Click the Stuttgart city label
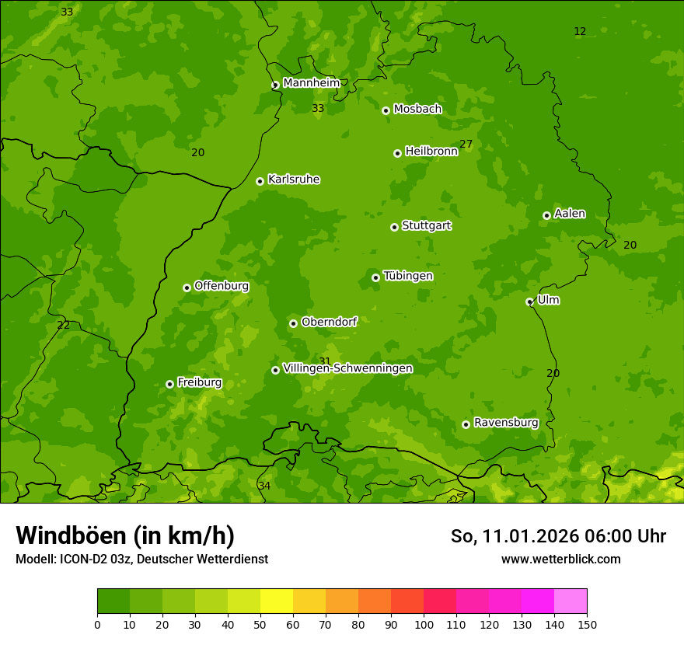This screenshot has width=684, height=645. click(426, 225)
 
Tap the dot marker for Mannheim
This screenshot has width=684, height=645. click(275, 85)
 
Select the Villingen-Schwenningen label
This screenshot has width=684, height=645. click(347, 368)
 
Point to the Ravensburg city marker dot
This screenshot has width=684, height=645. click(466, 424)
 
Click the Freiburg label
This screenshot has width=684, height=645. click(199, 382)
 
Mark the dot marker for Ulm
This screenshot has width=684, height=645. click(529, 302)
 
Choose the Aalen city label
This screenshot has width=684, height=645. click(570, 214)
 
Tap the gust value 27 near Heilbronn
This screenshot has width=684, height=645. click(466, 144)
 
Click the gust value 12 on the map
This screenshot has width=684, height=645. click(580, 32)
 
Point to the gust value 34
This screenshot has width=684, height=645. click(264, 486)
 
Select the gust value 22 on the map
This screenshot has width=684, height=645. click(63, 325)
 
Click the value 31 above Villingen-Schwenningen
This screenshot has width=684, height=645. click(325, 361)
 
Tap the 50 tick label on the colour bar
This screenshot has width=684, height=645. click(260, 624)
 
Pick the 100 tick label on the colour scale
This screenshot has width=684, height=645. click(424, 624)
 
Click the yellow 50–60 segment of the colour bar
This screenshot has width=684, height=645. click(277, 601)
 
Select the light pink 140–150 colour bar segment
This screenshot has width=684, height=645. click(571, 601)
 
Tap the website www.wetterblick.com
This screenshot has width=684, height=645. click(560, 559)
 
